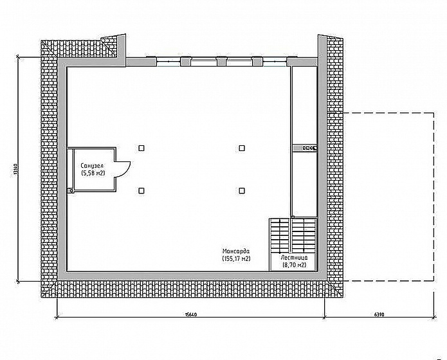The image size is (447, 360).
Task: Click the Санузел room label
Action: [x=92, y=166]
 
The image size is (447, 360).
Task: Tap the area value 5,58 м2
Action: [x=93, y=173]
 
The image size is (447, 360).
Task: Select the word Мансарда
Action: [x=236, y=251]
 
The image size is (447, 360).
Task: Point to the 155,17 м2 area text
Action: [x=236, y=258]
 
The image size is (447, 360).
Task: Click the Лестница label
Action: [x=294, y=258]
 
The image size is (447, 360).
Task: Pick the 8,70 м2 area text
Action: [x=294, y=265]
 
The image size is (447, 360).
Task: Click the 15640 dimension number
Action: [x=191, y=315]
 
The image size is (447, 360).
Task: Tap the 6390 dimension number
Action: [x=379, y=315]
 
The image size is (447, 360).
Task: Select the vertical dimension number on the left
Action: [x=15, y=169]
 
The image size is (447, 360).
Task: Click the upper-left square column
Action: [x=141, y=148]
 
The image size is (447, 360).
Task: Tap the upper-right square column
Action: [x=242, y=148]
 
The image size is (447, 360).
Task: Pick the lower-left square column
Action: [x=141, y=190]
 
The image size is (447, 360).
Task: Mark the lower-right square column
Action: [x=242, y=190]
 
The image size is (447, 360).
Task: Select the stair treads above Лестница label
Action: [x=293, y=235]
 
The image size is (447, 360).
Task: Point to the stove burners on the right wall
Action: [x=309, y=148]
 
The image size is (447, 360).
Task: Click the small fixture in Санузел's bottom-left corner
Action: [x=70, y=191]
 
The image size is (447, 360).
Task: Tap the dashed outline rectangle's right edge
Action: [x=434, y=197]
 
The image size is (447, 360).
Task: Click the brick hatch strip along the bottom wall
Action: [x=192, y=289]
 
